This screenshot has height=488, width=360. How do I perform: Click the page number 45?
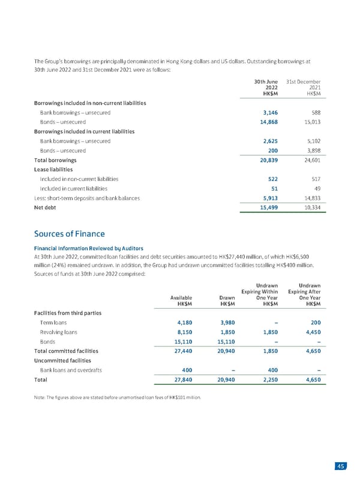point(341,468)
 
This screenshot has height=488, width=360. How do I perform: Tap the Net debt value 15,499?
point(266,207)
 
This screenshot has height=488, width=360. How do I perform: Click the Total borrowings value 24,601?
point(311,160)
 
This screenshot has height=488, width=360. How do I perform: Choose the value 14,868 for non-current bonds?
point(266,122)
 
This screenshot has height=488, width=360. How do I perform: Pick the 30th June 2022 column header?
point(265,88)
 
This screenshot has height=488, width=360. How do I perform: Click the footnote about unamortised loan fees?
point(118,397)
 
